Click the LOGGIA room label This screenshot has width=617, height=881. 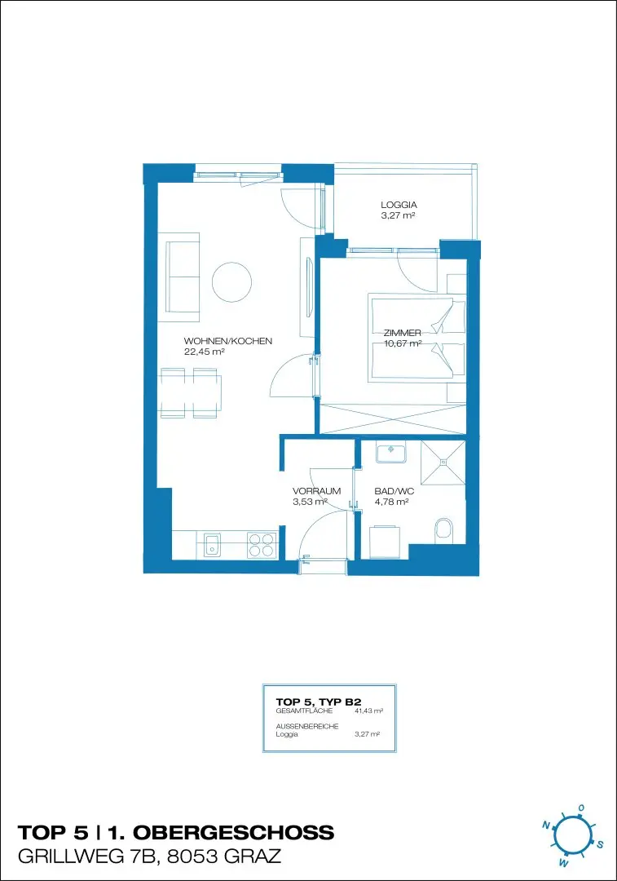399,205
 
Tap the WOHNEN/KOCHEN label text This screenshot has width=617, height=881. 228,341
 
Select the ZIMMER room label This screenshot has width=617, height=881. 403,333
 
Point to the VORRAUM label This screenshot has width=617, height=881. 316,491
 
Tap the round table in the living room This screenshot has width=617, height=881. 231,282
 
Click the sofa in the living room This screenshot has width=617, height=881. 183,281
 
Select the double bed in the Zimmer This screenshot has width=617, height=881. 417,338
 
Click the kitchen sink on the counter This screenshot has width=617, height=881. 212,545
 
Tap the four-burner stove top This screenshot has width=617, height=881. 261,545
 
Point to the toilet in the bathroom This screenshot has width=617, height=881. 443,531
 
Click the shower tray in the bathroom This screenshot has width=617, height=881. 443,463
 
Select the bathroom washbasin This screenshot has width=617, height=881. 390,452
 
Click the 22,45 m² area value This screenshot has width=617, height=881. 205,352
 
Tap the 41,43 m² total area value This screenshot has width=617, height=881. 368,711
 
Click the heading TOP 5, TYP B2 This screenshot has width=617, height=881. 319,702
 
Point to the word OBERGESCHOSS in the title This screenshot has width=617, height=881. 234,832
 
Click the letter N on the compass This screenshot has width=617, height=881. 546,826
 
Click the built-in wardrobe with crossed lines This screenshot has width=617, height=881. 392,418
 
